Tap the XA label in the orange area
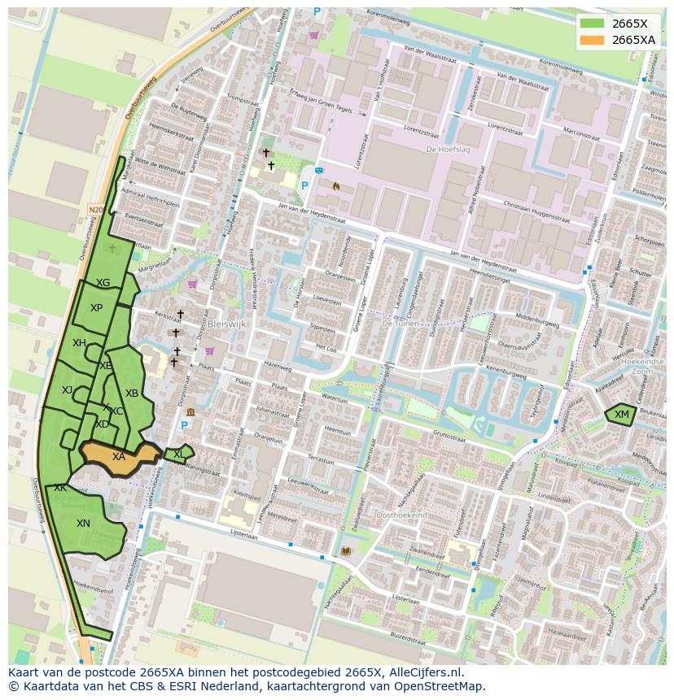click(119, 457)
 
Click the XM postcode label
click(622, 415)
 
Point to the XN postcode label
click(83, 524)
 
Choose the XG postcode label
click(103, 283)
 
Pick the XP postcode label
click(97, 308)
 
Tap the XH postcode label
click(79, 343)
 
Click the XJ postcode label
click(67, 390)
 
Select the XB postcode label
click(131, 393)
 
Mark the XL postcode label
click(178, 454)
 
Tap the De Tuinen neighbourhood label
click(400, 323)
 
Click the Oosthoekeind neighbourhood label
click(401, 515)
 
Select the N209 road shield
click(96, 210)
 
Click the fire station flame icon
click(335, 185)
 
